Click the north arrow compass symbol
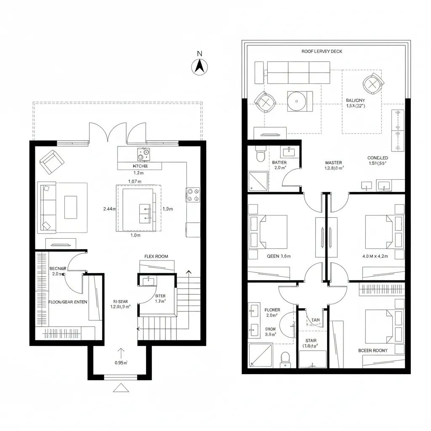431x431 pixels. click(x=200, y=67)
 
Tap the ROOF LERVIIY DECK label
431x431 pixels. click(x=322, y=51)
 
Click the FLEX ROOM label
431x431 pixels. click(x=156, y=256)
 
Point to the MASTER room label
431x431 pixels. click(x=334, y=162)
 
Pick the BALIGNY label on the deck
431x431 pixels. click(x=356, y=100)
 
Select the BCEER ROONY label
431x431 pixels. click(x=373, y=350)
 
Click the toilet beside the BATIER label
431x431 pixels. click(x=260, y=155)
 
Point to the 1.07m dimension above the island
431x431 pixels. click(x=134, y=181)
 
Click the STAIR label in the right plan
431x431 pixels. click(x=311, y=341)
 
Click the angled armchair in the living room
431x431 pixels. click(x=51, y=161)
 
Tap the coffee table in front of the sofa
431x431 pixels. click(x=70, y=207)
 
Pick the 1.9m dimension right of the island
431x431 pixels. click(x=168, y=208)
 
